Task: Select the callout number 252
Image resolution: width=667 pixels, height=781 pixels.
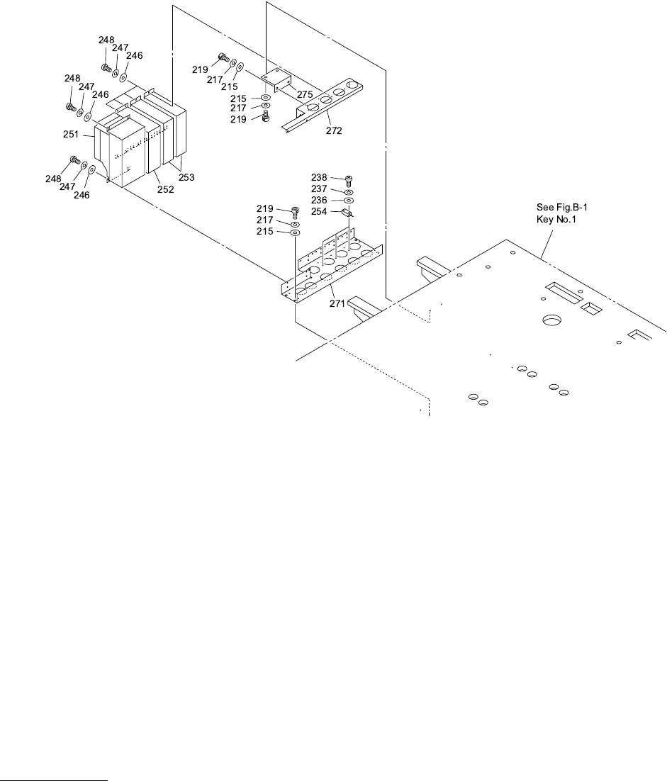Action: (164, 191)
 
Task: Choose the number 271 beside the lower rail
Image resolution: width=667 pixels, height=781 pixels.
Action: (337, 303)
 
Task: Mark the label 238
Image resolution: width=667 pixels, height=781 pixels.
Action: (320, 177)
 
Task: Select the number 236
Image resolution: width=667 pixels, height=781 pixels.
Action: (320, 200)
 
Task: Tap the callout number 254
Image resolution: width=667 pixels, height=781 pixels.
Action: (320, 211)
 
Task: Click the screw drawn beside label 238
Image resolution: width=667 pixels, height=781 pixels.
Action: (348, 181)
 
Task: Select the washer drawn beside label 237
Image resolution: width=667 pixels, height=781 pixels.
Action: (349, 192)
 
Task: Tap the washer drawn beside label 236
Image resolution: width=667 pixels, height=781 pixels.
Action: (349, 201)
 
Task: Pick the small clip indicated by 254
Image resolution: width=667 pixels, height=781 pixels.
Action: (347, 211)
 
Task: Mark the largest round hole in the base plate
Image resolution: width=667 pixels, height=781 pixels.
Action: (551, 321)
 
